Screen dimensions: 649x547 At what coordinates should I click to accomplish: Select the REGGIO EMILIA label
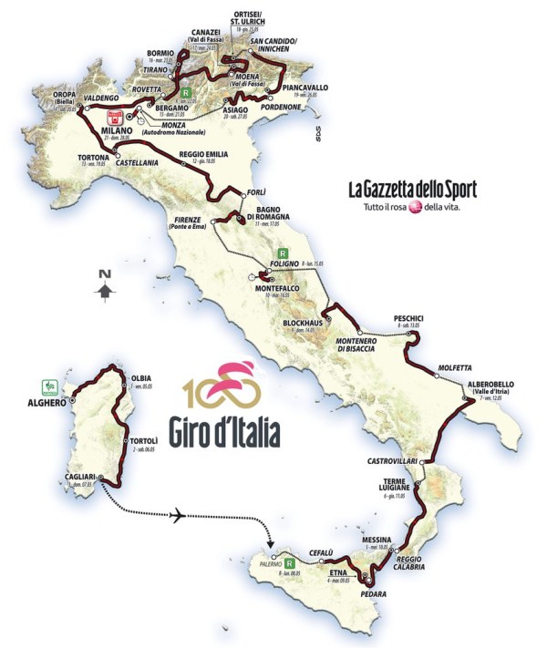(x=202, y=153)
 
